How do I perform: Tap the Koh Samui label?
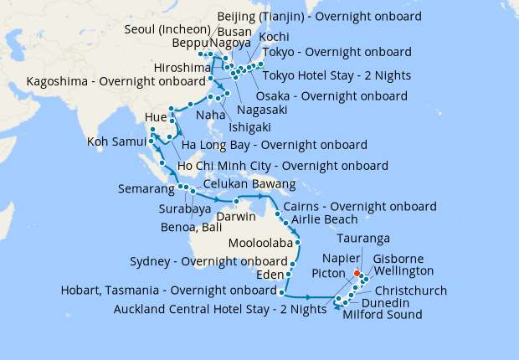117,142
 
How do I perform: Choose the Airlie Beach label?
324,220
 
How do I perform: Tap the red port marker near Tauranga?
357,274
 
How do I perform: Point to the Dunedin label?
386,302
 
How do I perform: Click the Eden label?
270,274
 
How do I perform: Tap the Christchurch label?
411,291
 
